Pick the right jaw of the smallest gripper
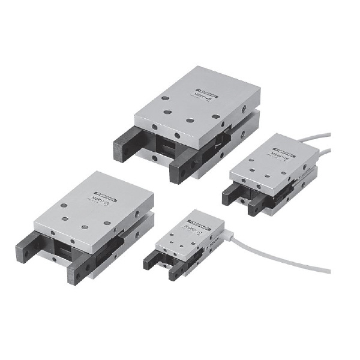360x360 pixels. pos(175,273)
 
